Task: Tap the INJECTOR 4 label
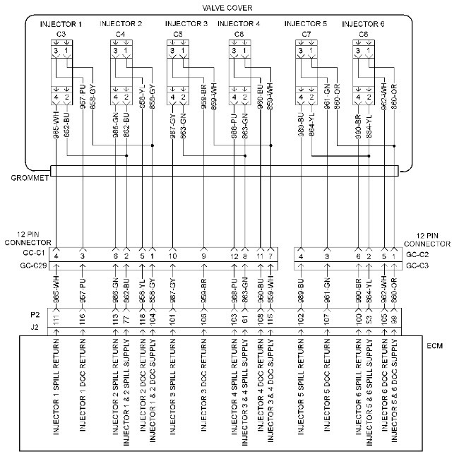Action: pyautogui.click(x=239, y=24)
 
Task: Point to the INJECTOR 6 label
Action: pyautogui.click(x=363, y=24)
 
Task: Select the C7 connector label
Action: pyautogui.click(x=306, y=34)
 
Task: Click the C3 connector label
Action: pyautogui.click(x=61, y=34)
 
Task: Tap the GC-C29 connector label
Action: pyautogui.click(x=34, y=266)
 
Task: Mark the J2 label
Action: pyautogui.click(x=36, y=327)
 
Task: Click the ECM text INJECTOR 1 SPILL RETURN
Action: pyautogui.click(x=57, y=399)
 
